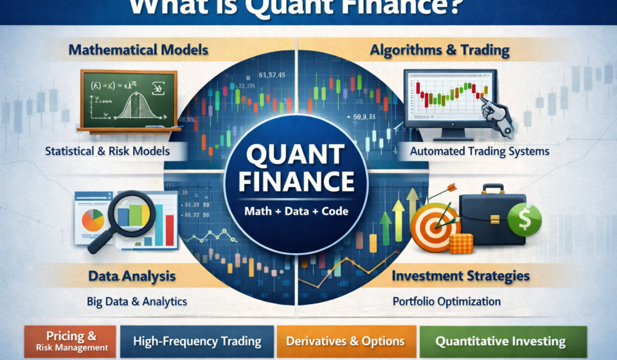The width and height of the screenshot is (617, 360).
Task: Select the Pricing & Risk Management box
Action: pyautogui.click(x=71, y=341)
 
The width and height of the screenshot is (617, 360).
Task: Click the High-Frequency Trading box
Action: pyautogui.click(x=197, y=341)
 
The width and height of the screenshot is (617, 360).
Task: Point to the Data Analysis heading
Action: pyautogui.click(x=131, y=277)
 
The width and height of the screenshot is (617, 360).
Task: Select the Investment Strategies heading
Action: pyautogui.click(x=461, y=276)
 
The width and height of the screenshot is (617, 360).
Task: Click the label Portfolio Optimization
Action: pyautogui.click(x=446, y=301)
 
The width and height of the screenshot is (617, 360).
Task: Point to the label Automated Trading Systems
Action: pyautogui.click(x=479, y=152)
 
